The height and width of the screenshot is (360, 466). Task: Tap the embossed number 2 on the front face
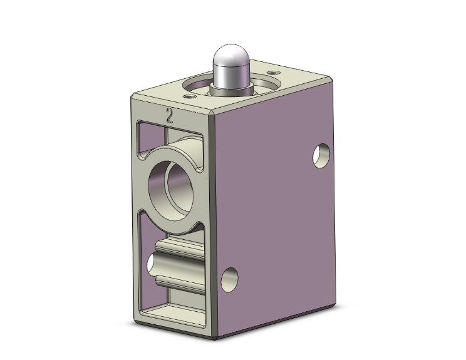click(x=169, y=115)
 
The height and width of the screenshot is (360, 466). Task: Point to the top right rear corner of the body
click(x=331, y=78)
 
